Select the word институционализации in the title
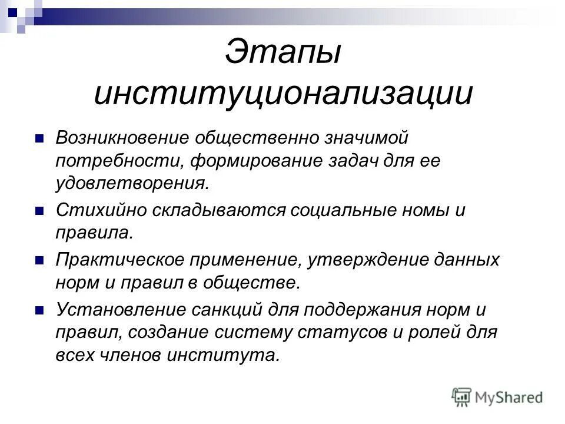[x=283, y=94]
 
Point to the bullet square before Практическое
[x=39, y=260]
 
